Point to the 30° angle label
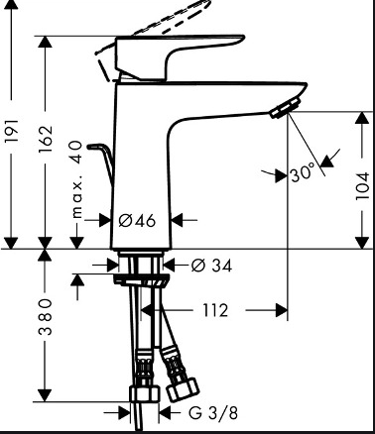tap(303, 173)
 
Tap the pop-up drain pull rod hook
tap(97, 154)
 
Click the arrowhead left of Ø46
tap(110, 219)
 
